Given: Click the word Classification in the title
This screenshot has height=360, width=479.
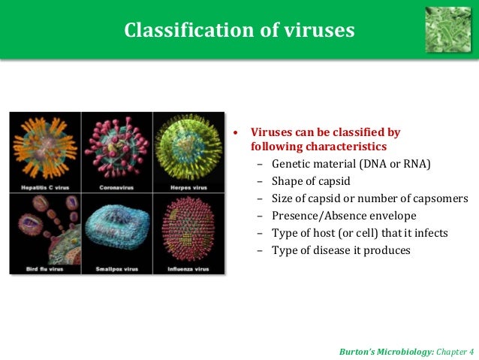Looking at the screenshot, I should coord(177,30).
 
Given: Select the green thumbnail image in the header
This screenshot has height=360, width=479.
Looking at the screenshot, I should coord(448,29).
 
